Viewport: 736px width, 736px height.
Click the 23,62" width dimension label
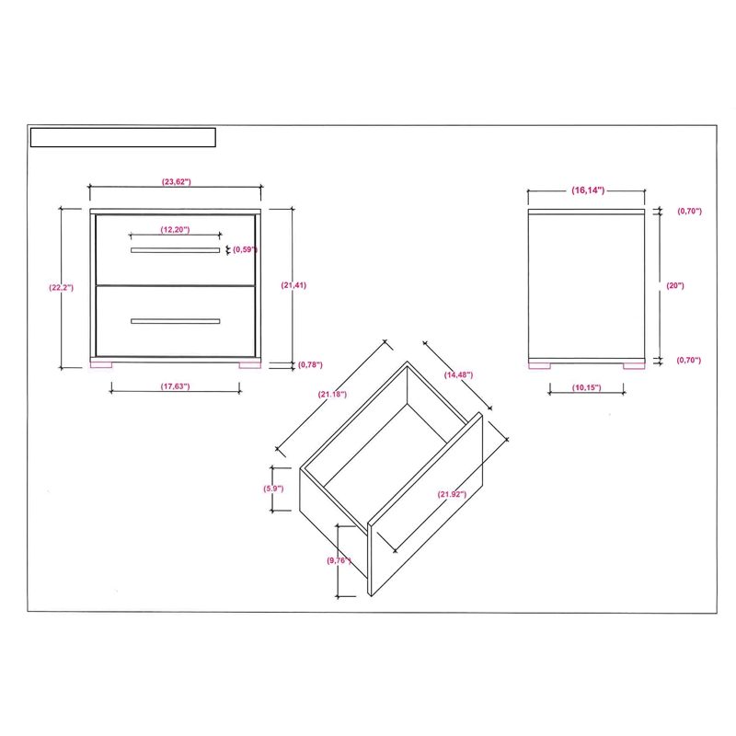click(176, 181)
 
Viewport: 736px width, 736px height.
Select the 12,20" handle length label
click(175, 229)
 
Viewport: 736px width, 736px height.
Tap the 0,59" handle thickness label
click(245, 249)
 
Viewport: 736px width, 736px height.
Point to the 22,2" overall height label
click(61, 287)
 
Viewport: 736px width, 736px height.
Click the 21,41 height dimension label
click(293, 285)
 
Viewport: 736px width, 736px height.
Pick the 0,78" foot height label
click(310, 364)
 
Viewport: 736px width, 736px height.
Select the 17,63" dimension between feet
click(175, 386)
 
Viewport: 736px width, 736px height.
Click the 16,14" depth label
click(588, 190)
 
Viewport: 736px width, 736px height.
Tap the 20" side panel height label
click(675, 285)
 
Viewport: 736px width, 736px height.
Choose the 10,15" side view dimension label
click(586, 387)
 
